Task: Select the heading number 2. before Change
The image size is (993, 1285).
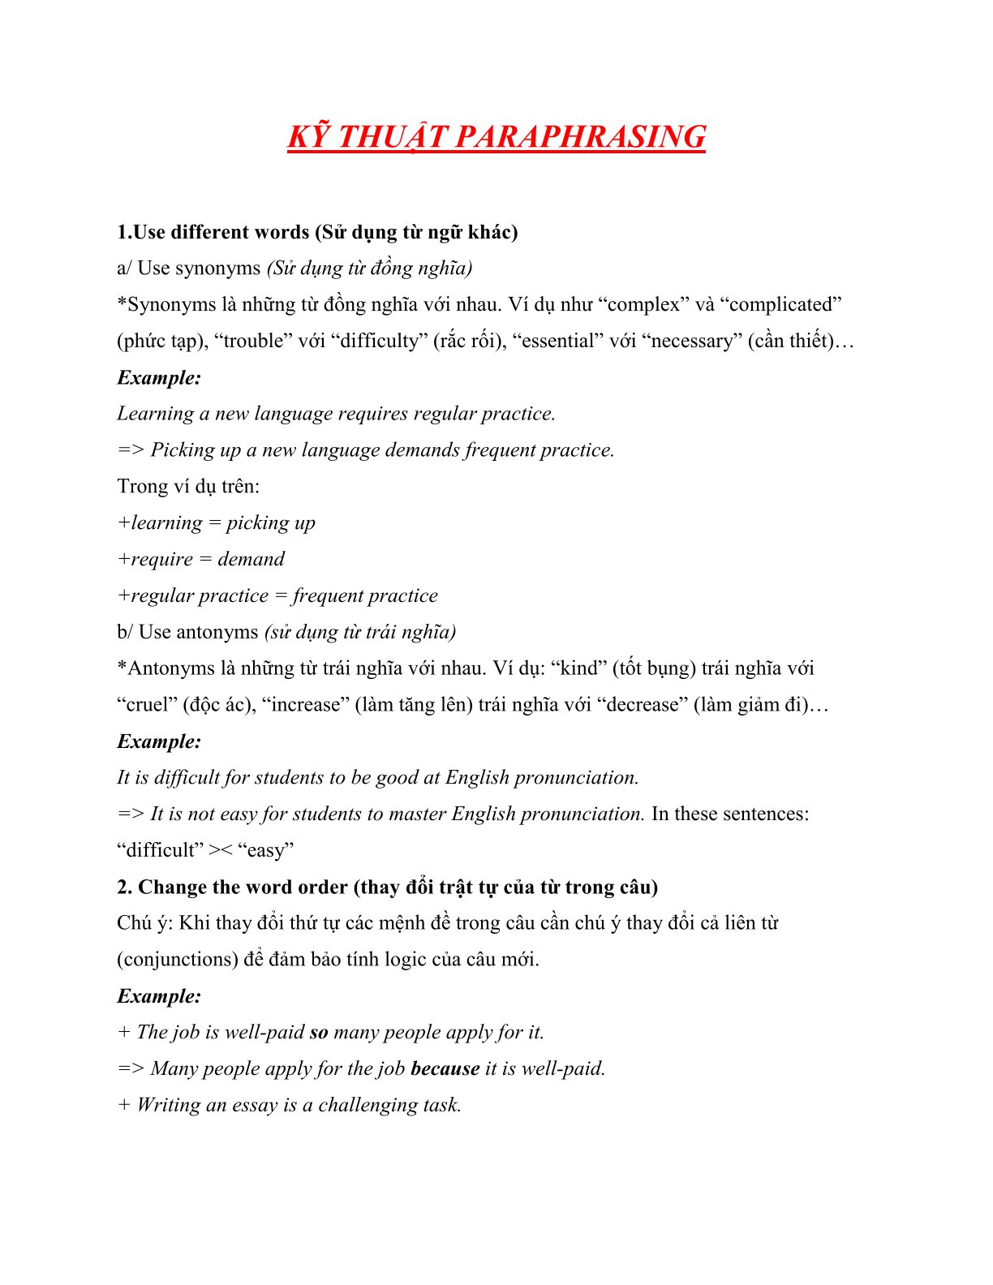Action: [x=124, y=887]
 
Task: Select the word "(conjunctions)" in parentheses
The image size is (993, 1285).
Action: [x=177, y=959]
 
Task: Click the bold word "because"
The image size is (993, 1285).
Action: [x=445, y=1068]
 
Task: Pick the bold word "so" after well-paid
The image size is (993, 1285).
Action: [x=319, y=1032]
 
